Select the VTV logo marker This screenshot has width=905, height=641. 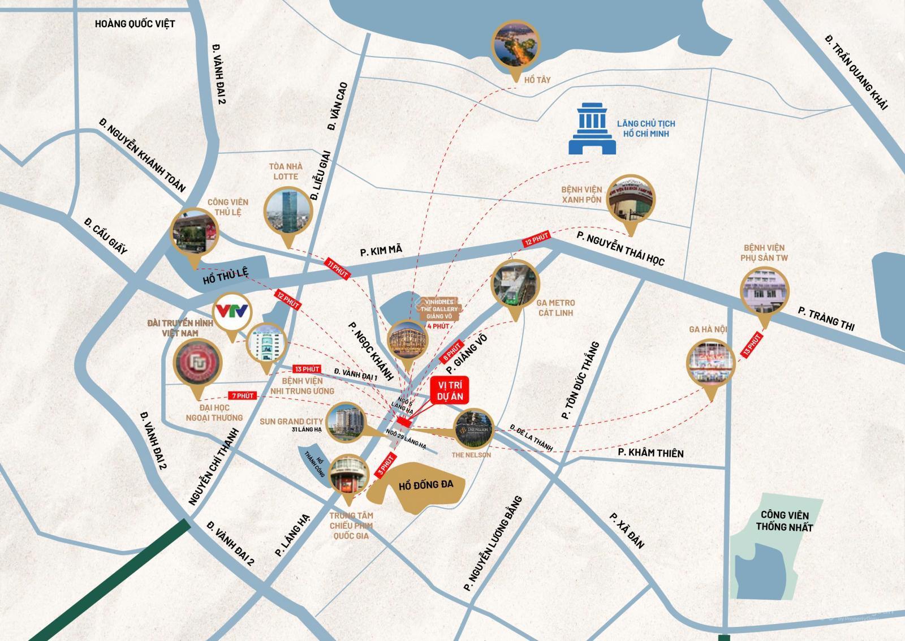pos(232,312)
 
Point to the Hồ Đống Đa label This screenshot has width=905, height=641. pos(425,485)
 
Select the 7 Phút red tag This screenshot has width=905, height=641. pos(242,396)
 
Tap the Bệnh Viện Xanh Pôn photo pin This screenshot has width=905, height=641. pos(631,200)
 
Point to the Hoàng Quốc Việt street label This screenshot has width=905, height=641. pos(135,24)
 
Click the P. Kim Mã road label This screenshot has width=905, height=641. pos(381,251)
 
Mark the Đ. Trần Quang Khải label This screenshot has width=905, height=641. pos(856,71)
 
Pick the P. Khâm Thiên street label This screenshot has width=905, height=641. pos(650,453)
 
